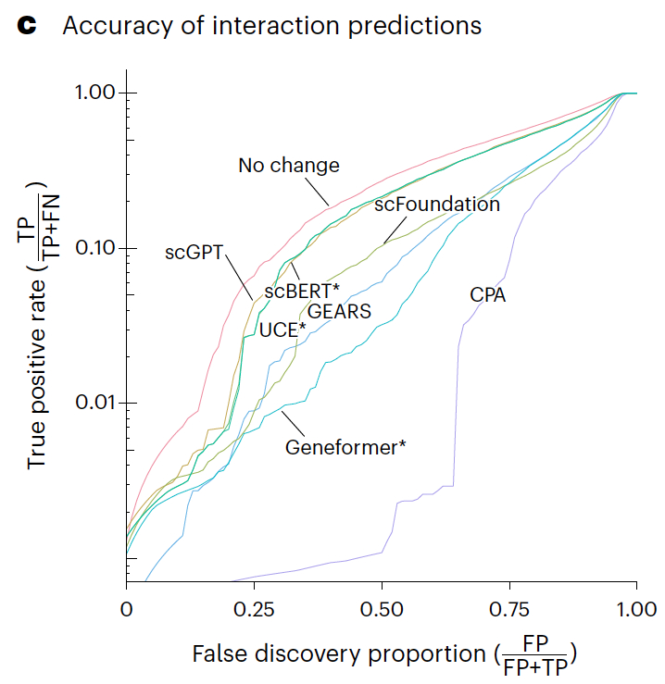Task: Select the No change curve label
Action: point(289,167)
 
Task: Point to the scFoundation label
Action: point(437,205)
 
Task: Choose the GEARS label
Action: point(339,312)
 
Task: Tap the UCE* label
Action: point(282,330)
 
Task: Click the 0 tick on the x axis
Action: point(127,610)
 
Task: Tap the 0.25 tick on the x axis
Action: point(254,610)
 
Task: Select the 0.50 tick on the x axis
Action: point(382,610)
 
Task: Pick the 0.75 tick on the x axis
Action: point(508,610)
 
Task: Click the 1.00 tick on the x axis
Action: point(635,610)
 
